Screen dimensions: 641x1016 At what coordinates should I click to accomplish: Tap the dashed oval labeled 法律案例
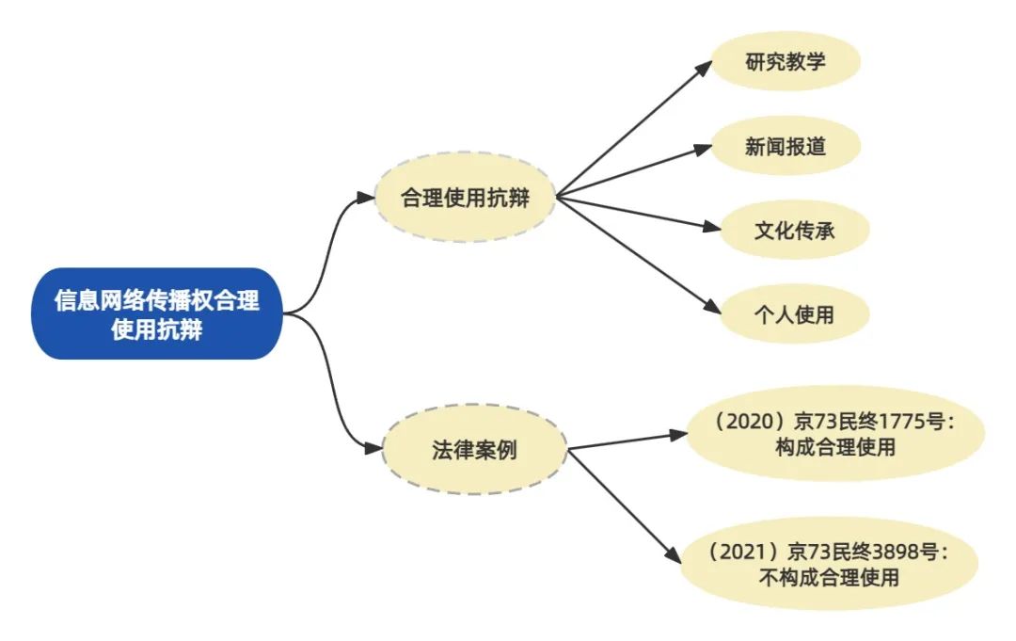click(473, 450)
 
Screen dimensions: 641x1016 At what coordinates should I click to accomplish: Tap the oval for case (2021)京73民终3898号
click(829, 564)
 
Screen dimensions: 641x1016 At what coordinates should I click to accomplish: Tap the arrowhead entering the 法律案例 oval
click(374, 450)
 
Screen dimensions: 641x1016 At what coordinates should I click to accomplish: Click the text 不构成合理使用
click(828, 577)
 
